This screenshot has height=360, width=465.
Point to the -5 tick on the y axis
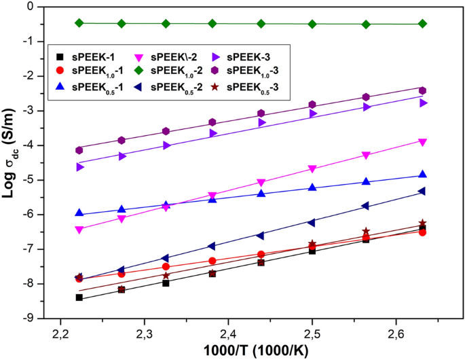(x=31, y=180)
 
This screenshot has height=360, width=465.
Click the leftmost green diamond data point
(x=79, y=22)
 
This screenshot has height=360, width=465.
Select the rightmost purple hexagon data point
(x=422, y=90)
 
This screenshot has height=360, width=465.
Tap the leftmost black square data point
(x=79, y=298)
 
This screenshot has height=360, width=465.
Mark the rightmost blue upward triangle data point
(x=422, y=175)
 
